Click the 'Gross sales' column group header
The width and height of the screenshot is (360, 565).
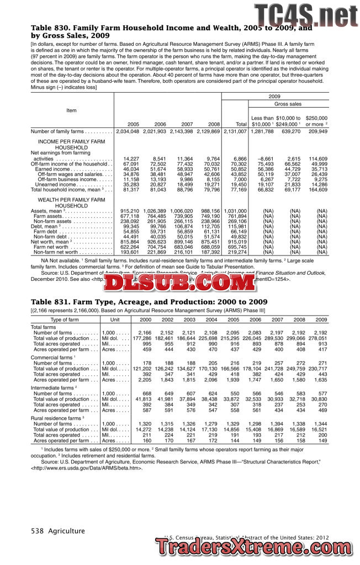pos(288,104)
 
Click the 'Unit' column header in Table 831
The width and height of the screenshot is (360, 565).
pos(115,320)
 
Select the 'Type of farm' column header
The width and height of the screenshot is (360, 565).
pos(65,320)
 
